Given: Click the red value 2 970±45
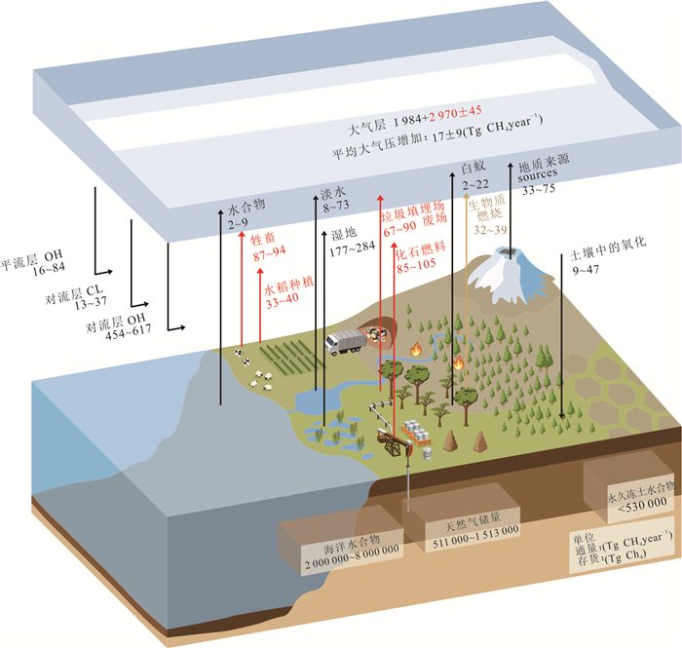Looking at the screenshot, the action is tap(455, 114).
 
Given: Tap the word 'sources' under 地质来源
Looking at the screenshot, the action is tap(538, 174).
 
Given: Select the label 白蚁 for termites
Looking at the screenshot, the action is tap(474, 168).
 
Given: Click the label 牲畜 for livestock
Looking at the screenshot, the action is tap(263, 239).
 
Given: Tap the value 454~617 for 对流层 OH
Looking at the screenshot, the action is tap(129, 332).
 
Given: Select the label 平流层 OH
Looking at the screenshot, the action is tap(31, 259).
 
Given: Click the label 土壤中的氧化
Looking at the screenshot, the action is tap(609, 249).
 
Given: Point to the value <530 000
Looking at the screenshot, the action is tap(642, 505).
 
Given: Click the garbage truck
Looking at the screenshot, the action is tap(346, 342).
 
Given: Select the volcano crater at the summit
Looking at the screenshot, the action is tap(511, 251).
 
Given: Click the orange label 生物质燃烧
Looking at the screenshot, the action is tap(487, 209).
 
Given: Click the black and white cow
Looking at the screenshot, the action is tap(246, 362).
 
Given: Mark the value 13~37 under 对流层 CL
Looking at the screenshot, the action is tap(90, 302).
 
